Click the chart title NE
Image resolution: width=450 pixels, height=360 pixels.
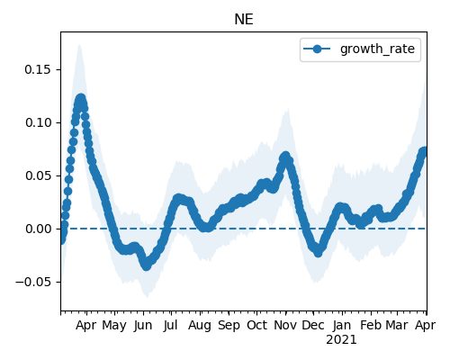pyautogui.click(x=244, y=20)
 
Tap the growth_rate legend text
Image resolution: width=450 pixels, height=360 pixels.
pyautogui.click(x=377, y=49)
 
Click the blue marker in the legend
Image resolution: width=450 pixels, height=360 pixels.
pyautogui.click(x=317, y=49)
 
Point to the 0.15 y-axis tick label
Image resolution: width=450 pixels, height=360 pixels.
pyautogui.click(x=38, y=69)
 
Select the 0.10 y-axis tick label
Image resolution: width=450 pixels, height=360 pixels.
pyautogui.click(x=38, y=122)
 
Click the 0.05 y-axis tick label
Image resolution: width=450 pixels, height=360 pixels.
pyautogui.click(x=38, y=175)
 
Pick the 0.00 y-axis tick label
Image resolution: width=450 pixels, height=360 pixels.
pyautogui.click(x=38, y=229)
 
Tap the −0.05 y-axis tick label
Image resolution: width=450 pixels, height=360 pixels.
pyautogui.click(x=33, y=282)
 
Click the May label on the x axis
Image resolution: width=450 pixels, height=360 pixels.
pyautogui.click(x=114, y=326)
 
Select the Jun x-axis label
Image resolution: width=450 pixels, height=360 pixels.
pyautogui.click(x=143, y=326)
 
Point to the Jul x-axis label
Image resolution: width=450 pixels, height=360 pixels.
pyautogui.click(x=170, y=326)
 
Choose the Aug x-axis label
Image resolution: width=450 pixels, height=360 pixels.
pyautogui.click(x=200, y=326)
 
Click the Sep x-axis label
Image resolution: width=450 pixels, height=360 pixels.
pyautogui.click(x=229, y=326)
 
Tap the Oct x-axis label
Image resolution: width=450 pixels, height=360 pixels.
pyautogui.click(x=256, y=326)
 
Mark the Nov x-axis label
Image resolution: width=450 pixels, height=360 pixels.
pyautogui.click(x=285, y=326)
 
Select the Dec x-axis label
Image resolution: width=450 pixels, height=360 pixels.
pyautogui.click(x=313, y=326)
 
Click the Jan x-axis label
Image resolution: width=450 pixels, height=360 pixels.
pyautogui.click(x=342, y=326)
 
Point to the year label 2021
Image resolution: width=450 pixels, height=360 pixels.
pyautogui.click(x=341, y=340)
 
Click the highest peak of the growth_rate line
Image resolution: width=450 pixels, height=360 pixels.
pyautogui.click(x=80, y=98)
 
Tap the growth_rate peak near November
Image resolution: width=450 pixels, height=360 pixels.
pyautogui.click(x=285, y=157)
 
